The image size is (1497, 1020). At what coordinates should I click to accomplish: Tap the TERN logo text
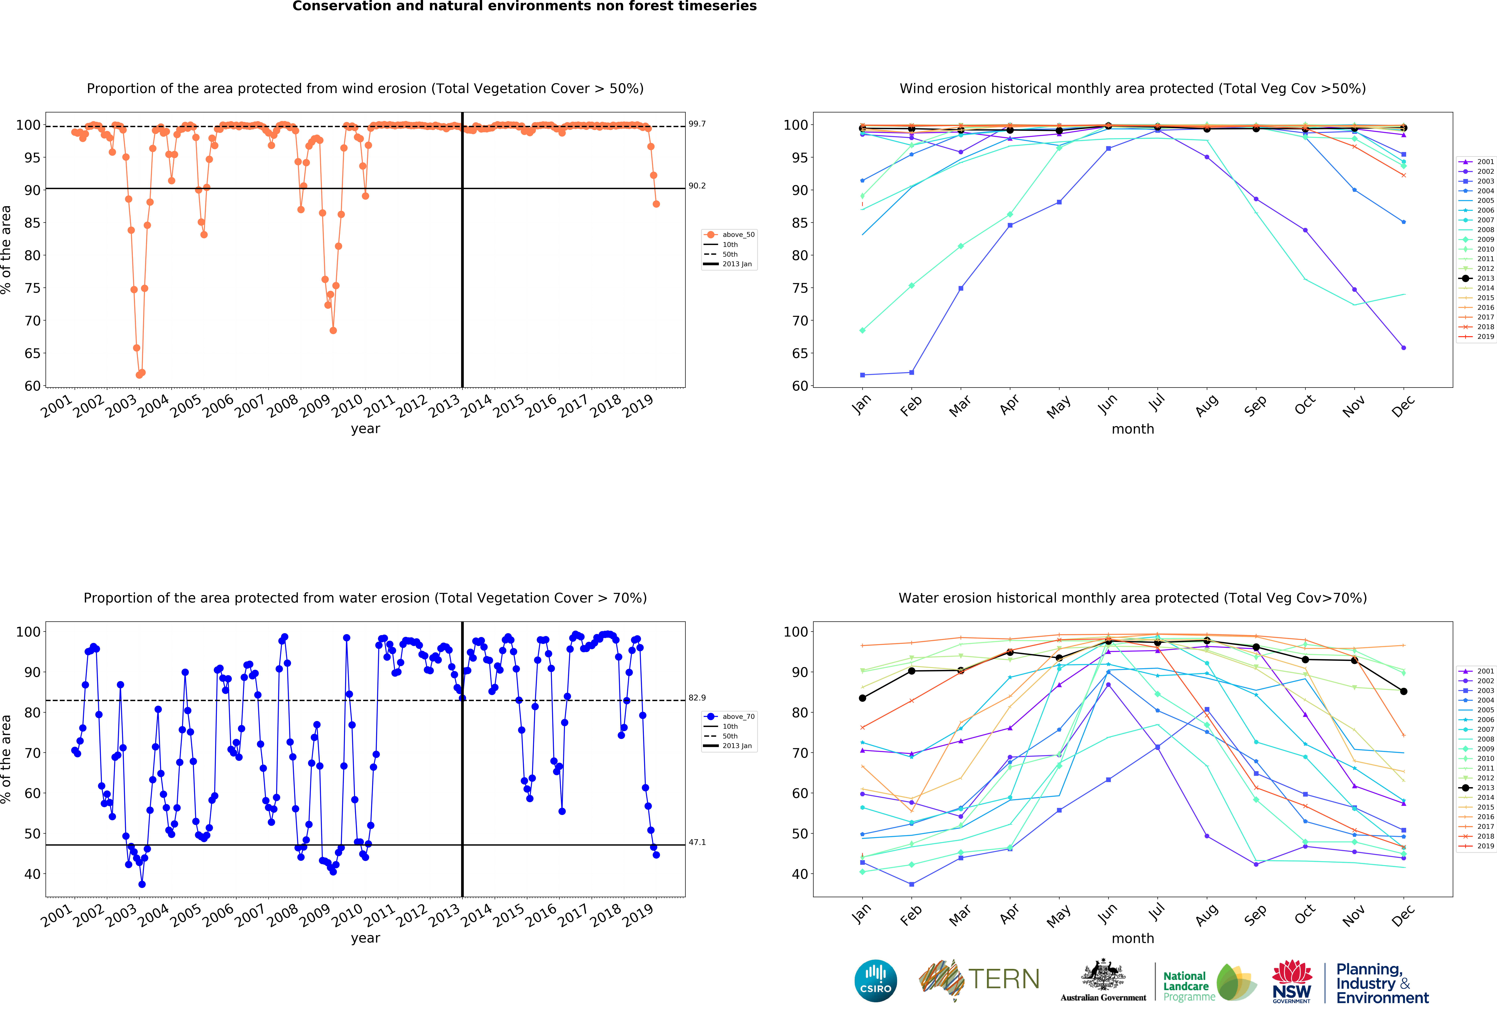tap(1004, 979)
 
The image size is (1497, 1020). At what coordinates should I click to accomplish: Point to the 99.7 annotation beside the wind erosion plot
tap(697, 124)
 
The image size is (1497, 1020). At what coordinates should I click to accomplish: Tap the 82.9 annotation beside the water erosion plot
tap(697, 697)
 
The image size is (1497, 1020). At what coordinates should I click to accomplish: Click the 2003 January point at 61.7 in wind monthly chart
tap(862, 375)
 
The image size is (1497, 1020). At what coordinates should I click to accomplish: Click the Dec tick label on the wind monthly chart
tap(1403, 406)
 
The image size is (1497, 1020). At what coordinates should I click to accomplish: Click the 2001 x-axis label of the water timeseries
tap(57, 916)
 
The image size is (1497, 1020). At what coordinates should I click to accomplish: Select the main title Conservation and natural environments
tap(524, 6)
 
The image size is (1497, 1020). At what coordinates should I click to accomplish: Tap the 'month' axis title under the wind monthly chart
tap(1132, 429)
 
